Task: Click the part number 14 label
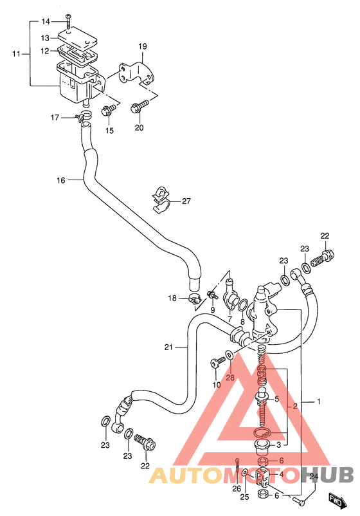(46, 22)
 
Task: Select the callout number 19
(142, 46)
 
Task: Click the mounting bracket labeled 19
(137, 73)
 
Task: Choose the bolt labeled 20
(139, 107)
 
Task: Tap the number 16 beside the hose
(61, 180)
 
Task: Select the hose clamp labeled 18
(195, 299)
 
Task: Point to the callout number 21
(168, 347)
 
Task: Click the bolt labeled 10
(217, 362)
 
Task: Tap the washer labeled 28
(229, 355)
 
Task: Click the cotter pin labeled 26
(237, 466)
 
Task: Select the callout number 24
(314, 477)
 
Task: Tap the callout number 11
(17, 53)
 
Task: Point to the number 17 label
(55, 118)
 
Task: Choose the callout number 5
(276, 399)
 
